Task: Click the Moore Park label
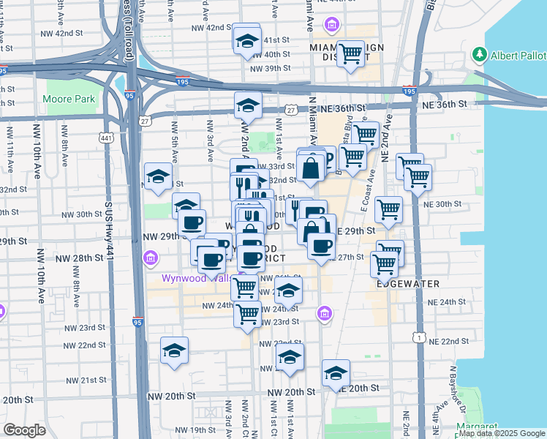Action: tap(69, 99)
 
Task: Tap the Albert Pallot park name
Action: tap(518, 56)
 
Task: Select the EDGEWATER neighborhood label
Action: tap(408, 284)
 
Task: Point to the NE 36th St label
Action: tap(445, 104)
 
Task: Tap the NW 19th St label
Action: tap(189, 429)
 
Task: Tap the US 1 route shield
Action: tap(418, 336)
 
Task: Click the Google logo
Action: tap(25, 430)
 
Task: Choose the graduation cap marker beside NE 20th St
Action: tap(336, 373)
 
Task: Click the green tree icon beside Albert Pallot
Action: tap(480, 54)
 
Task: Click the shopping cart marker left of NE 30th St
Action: tap(388, 209)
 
